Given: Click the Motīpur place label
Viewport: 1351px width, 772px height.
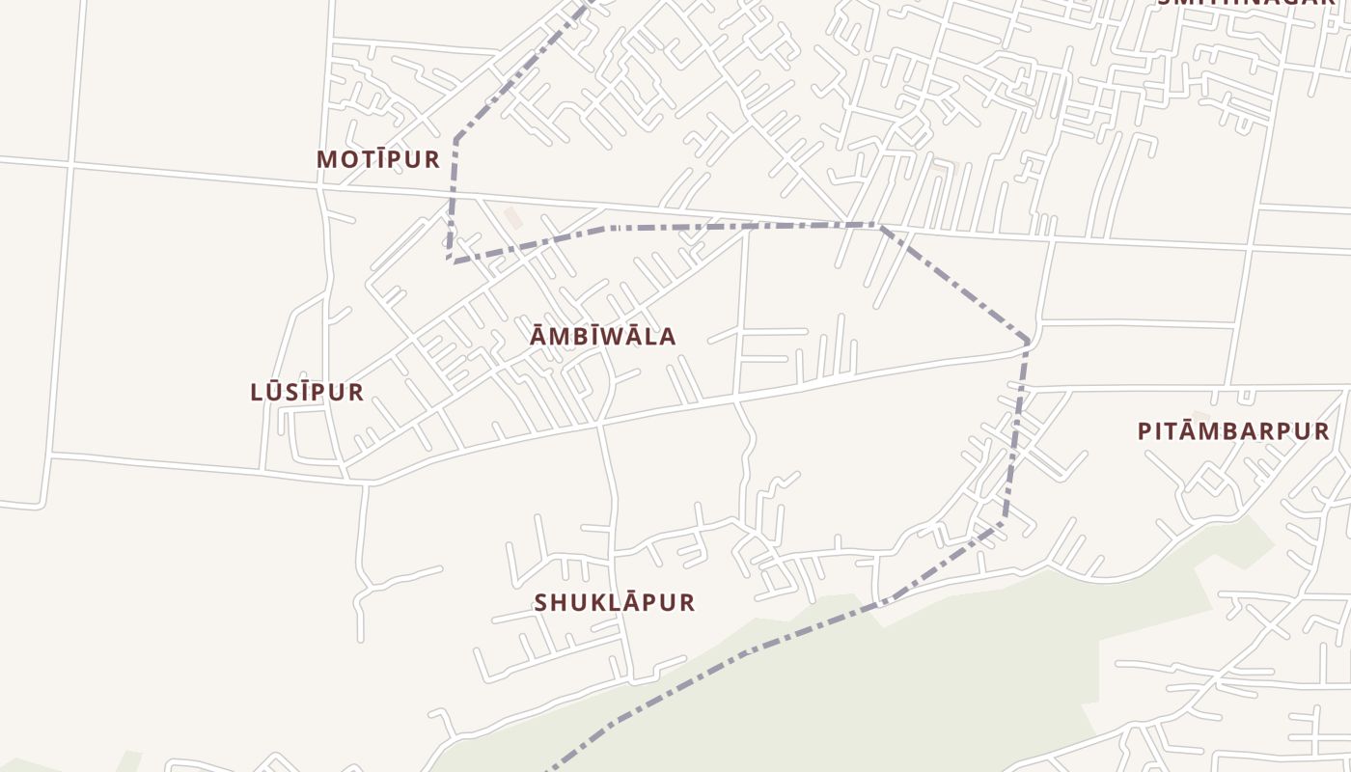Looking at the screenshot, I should [x=378, y=159].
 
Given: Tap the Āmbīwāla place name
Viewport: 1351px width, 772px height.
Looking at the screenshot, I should [x=603, y=337].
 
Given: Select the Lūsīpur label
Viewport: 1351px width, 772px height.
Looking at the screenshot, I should [x=307, y=392].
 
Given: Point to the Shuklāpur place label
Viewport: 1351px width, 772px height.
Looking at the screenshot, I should [x=615, y=602].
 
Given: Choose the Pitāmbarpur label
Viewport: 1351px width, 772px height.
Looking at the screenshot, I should [x=1233, y=431].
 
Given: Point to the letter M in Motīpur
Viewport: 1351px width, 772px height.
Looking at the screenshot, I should [x=327, y=159].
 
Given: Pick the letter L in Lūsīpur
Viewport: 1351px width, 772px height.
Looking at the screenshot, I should [x=257, y=392].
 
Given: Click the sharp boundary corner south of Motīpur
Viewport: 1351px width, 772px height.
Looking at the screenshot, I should [x=450, y=260].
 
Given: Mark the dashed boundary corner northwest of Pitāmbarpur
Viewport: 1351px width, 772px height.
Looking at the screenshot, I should [x=1028, y=342].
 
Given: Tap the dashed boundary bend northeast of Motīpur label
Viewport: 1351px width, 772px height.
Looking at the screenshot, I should [x=455, y=139].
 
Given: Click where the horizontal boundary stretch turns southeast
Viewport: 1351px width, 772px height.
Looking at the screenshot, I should [x=877, y=226].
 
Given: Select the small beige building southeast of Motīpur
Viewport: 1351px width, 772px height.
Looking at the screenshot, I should [x=513, y=218].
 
